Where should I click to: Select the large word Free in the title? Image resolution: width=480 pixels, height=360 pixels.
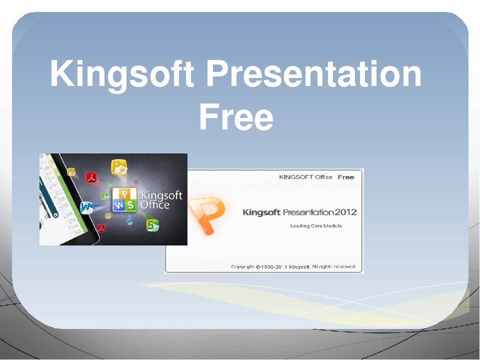(235, 118)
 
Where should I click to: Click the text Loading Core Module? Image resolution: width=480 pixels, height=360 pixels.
(316, 226)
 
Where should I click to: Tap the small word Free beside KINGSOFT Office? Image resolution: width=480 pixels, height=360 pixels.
(345, 177)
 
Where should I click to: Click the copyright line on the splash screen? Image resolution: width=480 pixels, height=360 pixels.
(293, 266)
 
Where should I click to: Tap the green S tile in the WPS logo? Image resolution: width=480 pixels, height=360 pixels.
(130, 204)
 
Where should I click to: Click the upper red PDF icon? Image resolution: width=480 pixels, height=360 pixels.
(91, 177)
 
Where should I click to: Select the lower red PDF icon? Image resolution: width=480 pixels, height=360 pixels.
(102, 228)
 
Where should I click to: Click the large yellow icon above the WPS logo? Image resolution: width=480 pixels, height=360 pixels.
(119, 166)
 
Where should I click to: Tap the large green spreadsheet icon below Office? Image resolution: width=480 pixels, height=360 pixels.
(153, 225)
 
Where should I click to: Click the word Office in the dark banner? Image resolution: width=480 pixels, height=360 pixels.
(155, 205)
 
